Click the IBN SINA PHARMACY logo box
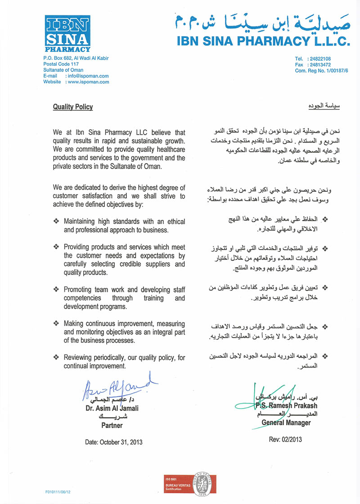[67, 33]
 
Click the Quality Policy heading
[73, 107]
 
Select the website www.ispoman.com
[88, 82]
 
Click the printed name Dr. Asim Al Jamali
[112, 409]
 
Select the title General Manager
[286, 422]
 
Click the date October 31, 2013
[114, 442]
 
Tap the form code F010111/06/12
[58, 492]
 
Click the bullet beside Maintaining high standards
[56, 222]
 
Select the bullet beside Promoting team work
[56, 289]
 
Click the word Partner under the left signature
[112, 425]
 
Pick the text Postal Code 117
[61, 64]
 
